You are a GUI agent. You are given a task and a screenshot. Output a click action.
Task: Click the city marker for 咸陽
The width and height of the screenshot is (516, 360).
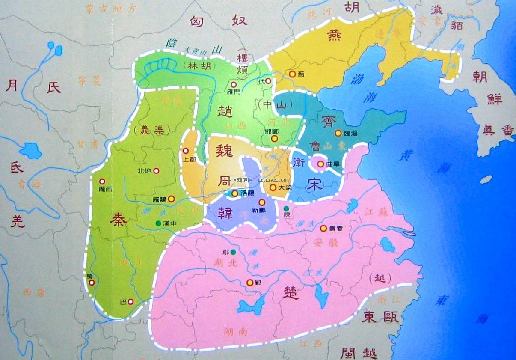pyautogui.click(x=171, y=199)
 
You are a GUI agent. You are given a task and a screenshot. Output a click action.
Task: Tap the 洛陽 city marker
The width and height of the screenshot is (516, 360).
pyautogui.click(x=235, y=193)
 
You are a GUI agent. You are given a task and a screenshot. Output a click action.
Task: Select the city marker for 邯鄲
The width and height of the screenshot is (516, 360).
pyautogui.click(x=274, y=139)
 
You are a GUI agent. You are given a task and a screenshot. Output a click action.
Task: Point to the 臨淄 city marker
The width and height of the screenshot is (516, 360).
pyautogui.click(x=338, y=133)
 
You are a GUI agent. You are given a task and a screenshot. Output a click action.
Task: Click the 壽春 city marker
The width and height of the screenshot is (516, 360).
pyautogui.click(x=323, y=228)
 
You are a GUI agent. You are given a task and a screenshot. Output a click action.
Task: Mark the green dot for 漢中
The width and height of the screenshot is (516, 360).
pyautogui.click(x=158, y=223)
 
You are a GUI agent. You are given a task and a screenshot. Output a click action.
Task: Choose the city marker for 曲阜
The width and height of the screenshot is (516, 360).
pyautogui.click(x=320, y=164)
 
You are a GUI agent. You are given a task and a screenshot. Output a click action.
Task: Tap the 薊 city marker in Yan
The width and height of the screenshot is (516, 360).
pyautogui.click(x=292, y=74)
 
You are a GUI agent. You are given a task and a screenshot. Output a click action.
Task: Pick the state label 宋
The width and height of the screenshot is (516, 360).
pyautogui.click(x=314, y=183)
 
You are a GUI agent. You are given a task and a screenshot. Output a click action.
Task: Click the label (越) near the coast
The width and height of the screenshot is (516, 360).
pyautogui.click(x=380, y=278)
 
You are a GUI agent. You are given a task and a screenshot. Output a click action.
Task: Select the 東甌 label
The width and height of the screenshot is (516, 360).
pyautogui.click(x=380, y=317)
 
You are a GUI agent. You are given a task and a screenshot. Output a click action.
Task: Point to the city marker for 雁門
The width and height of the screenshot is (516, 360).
pyautogui.click(x=234, y=85)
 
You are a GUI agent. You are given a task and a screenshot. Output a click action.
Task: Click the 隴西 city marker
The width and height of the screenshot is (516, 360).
pyautogui.click(x=102, y=181)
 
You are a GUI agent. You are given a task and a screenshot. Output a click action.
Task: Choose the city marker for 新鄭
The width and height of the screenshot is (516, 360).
pyautogui.click(x=262, y=202)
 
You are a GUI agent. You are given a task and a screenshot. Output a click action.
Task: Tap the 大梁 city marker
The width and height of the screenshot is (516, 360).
pyautogui.click(x=273, y=187)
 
